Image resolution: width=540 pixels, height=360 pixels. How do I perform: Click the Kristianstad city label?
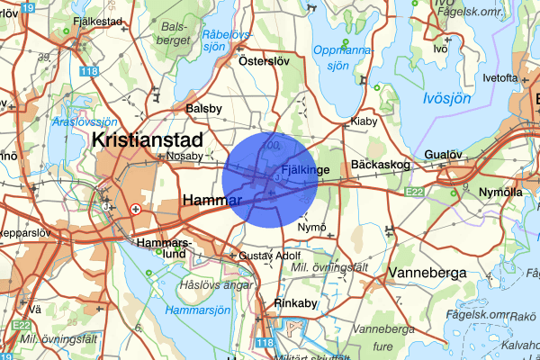(x=148, y=139)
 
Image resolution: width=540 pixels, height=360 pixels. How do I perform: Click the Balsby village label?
(x=203, y=108)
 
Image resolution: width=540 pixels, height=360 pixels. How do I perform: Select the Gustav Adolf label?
(x=270, y=257)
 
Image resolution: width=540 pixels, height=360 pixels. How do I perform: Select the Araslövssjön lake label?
(x=85, y=121)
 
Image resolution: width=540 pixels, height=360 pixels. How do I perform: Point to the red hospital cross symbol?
(x=136, y=209)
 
